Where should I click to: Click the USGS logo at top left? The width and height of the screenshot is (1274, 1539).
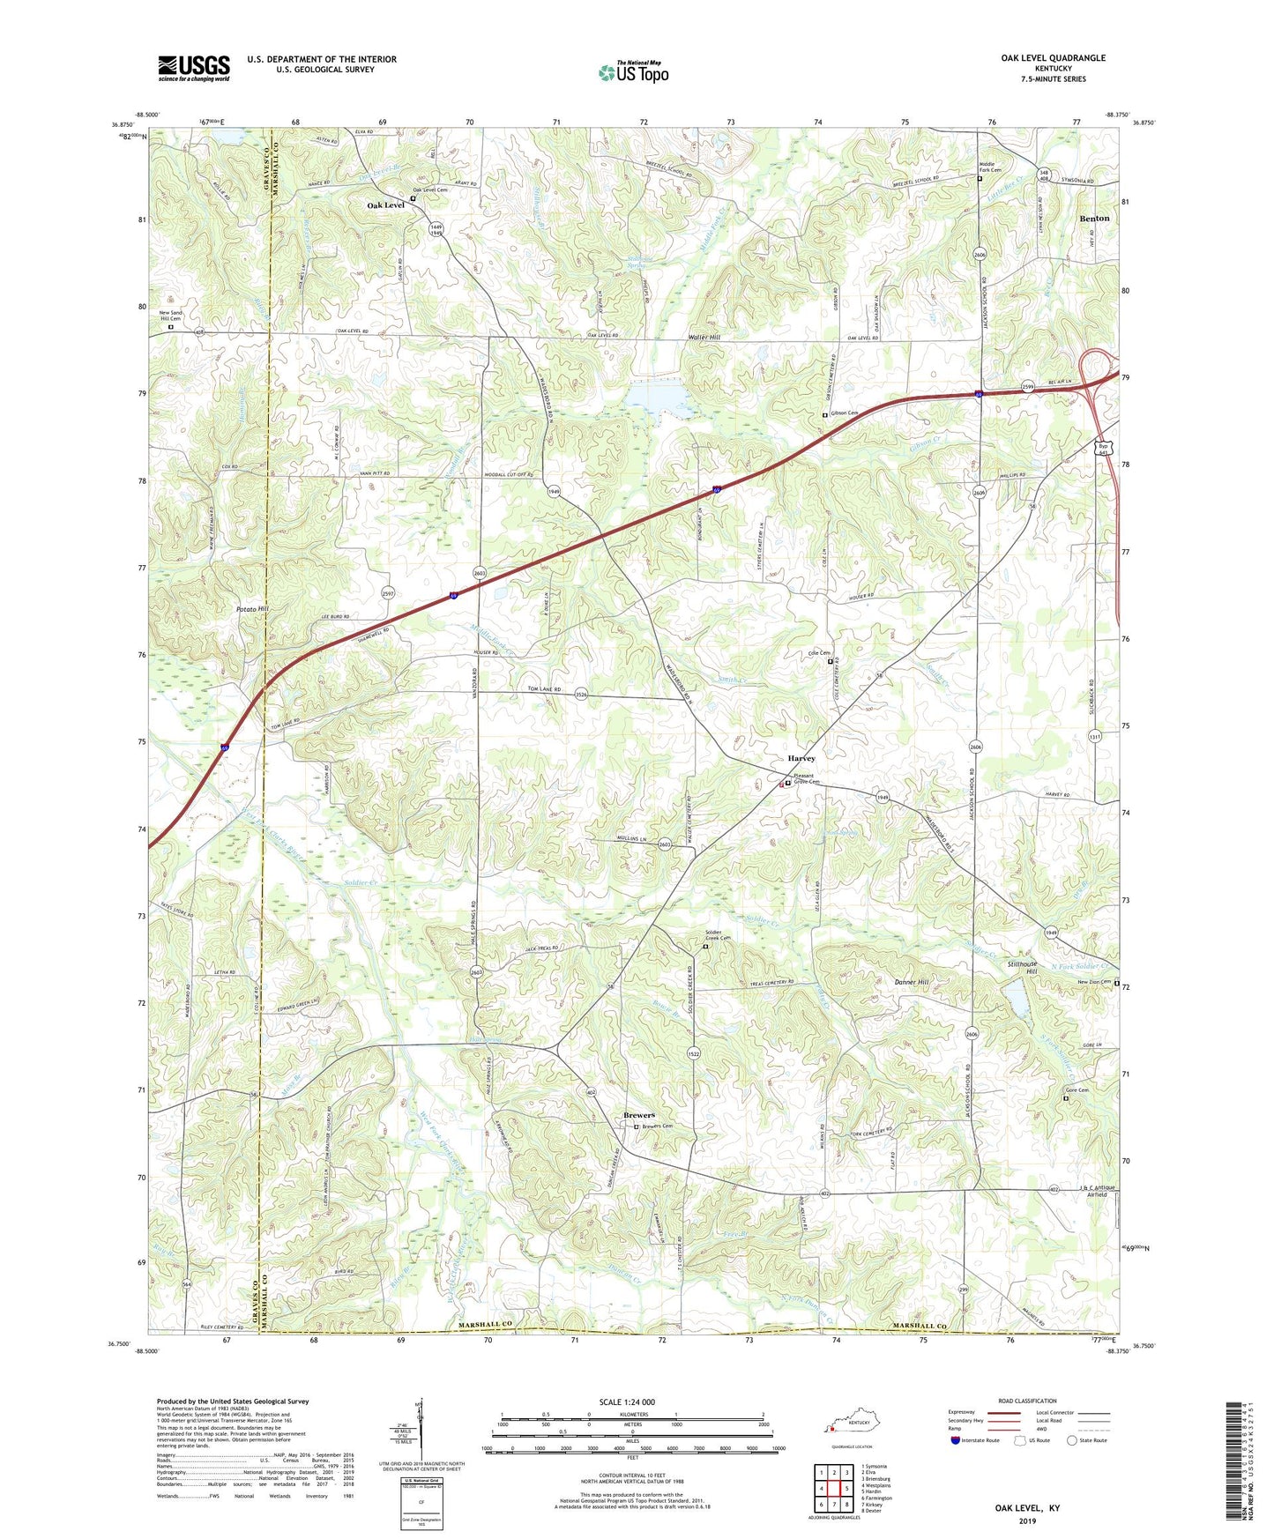[194, 68]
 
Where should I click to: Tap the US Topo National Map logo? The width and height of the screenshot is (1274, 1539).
[633, 72]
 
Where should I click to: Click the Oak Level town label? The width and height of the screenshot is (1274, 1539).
[386, 204]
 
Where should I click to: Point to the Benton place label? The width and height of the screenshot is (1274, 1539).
[1094, 218]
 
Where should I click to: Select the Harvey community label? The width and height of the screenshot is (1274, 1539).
[801, 758]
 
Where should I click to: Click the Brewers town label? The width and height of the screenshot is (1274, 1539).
[639, 1115]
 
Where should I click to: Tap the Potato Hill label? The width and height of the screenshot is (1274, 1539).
[252, 609]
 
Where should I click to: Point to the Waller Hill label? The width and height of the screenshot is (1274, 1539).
[704, 338]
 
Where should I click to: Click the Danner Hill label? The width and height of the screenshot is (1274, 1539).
[912, 982]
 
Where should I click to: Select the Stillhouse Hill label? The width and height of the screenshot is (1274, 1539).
[1026, 968]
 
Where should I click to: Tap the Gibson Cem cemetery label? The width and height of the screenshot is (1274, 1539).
[845, 413]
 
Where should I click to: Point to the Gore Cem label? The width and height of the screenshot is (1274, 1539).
[1077, 1090]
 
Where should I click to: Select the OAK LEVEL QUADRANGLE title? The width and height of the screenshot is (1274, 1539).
[1053, 58]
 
